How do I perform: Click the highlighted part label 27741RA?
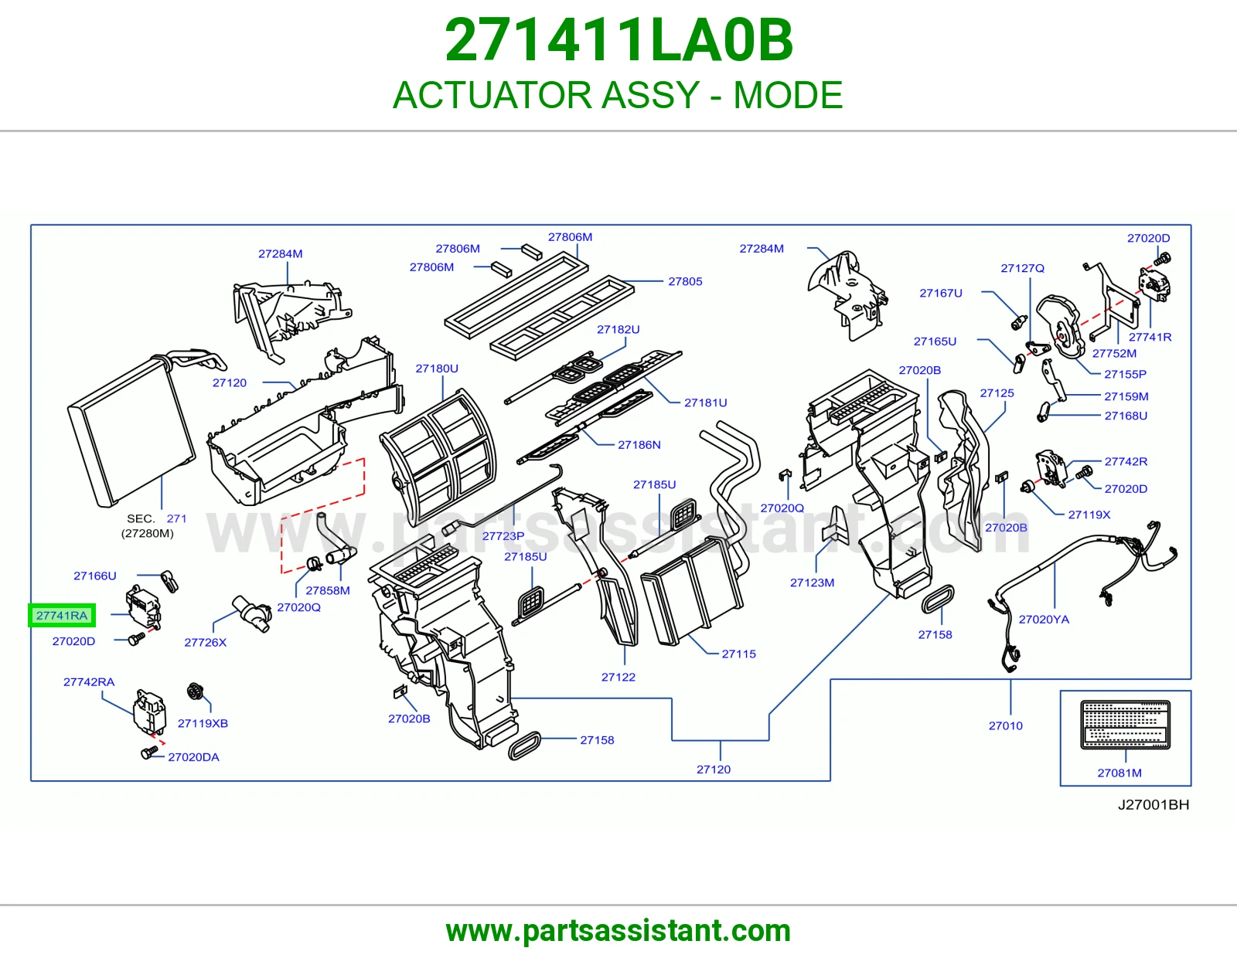pos(62,615)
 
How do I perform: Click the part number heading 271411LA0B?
pos(618,40)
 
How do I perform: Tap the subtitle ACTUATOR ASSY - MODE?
pos(618,95)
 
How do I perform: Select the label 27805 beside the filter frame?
pos(685,281)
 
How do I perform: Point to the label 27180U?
pos(437,369)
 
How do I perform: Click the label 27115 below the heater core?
pos(739,654)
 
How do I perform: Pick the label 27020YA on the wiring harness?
pos(1044,620)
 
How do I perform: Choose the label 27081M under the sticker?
pos(1119,773)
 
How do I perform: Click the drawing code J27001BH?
pos(1154,805)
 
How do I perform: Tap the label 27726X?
pos(206,643)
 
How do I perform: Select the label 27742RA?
pos(89,682)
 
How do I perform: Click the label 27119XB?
pos(203,724)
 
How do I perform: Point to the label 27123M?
pos(813,583)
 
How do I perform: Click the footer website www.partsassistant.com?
pos(618,931)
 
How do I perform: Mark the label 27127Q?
pos(1022,269)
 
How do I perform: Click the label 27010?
pos(1006,726)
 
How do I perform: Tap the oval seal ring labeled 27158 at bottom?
pos(523,746)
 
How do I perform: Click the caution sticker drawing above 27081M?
pos(1126,725)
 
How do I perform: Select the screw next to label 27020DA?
pos(149,752)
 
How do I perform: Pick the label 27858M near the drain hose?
pos(328,590)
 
